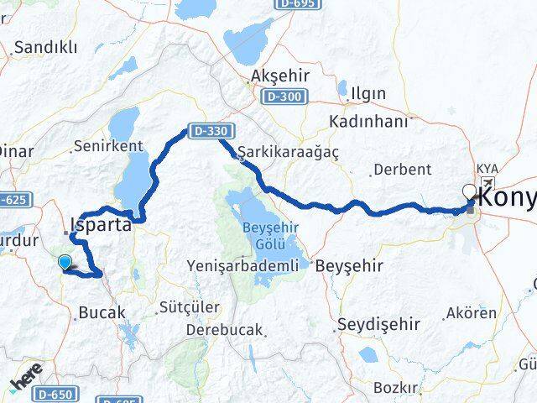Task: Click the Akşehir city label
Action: coord(280,76)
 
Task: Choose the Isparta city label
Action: coord(102,225)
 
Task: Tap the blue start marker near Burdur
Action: coord(65,263)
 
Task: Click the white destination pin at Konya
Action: coord(469,192)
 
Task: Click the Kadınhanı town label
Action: coord(368,122)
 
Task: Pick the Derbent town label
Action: coord(402,170)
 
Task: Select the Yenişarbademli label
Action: coord(242,266)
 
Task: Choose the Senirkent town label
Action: coord(108,146)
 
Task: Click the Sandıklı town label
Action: coord(44,48)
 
